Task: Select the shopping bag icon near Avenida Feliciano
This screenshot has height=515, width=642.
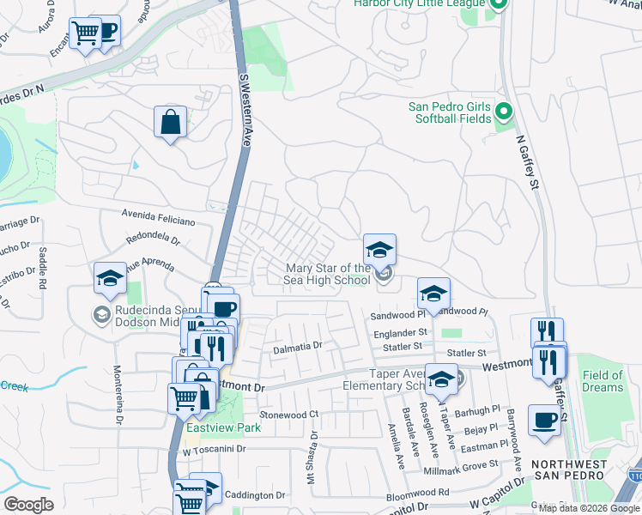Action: click(171, 122)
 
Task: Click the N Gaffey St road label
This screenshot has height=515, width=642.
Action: click(527, 161)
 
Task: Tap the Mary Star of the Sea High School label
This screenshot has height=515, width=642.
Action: click(329, 274)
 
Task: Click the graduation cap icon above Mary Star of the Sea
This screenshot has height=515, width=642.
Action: click(379, 251)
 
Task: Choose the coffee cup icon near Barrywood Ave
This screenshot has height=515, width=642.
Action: click(544, 421)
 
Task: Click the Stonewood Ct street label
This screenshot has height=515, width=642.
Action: click(288, 415)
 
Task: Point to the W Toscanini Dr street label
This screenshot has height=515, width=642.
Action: click(214, 449)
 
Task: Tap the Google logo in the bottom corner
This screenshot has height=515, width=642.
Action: click(28, 504)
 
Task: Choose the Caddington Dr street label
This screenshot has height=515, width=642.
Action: click(255, 495)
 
